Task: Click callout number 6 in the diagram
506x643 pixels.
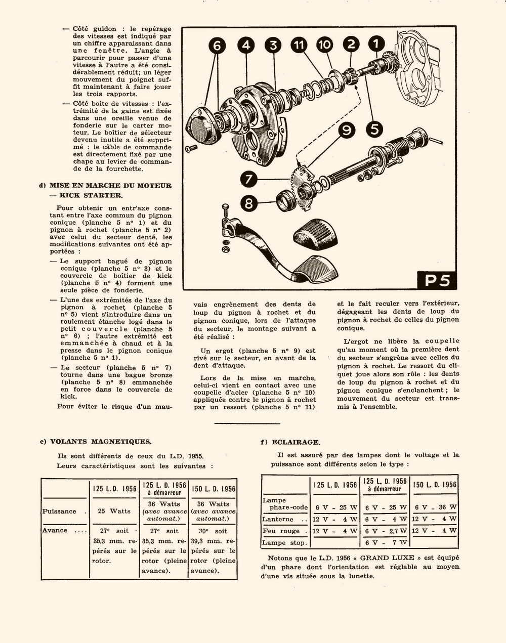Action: pos(217,46)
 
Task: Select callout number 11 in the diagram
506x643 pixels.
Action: pos(299,45)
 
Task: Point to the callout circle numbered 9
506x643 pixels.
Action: pos(347,130)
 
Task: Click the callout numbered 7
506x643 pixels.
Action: pos(249,179)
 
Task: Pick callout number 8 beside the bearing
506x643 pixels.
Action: pos(248,203)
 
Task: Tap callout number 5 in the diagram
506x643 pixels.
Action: pos(374,129)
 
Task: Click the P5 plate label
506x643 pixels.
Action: pos(437,280)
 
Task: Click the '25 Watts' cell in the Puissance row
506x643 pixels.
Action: pos(114,511)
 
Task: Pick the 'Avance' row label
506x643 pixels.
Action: pos(55,530)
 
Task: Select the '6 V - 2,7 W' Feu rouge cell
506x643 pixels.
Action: pos(386,531)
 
